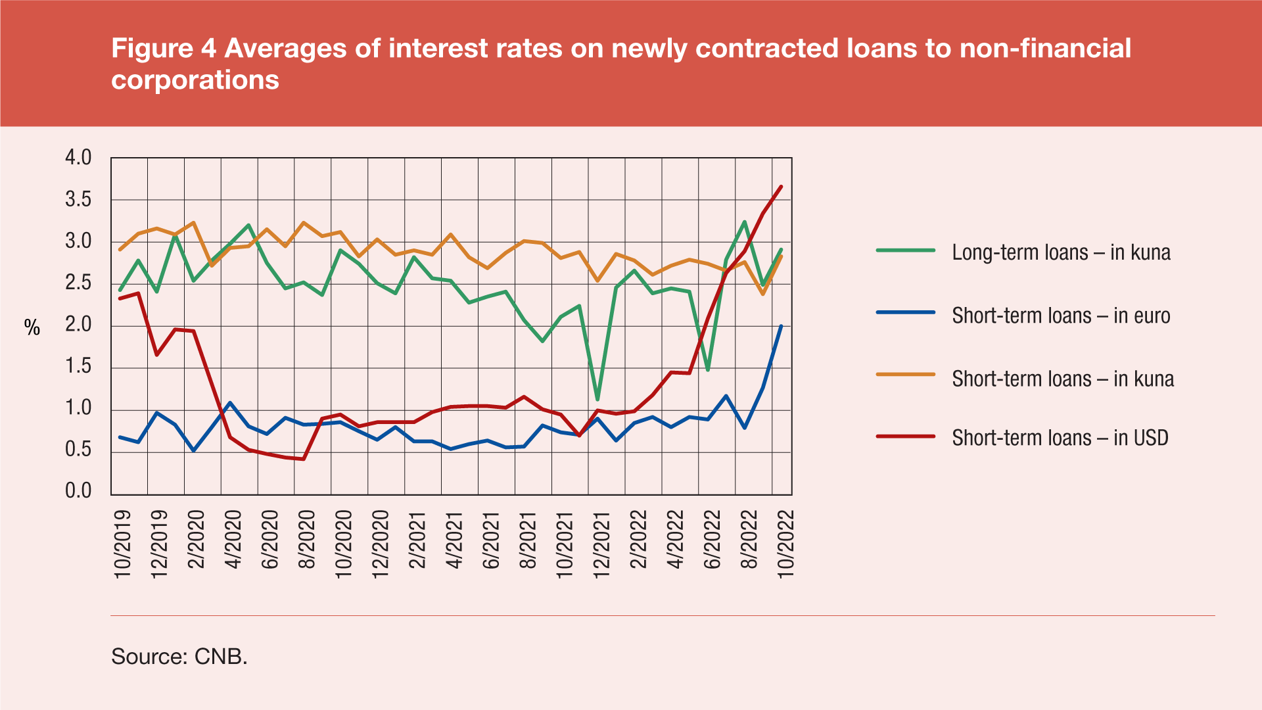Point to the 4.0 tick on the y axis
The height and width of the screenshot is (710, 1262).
pos(78,158)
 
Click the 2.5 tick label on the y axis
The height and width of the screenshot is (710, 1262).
pos(78,283)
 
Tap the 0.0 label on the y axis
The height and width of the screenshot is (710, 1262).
pos(78,491)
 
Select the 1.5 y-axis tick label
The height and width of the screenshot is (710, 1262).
pos(78,367)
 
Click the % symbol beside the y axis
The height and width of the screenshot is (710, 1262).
pos(32,327)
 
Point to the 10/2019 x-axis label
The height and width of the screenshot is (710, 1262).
pos(123,544)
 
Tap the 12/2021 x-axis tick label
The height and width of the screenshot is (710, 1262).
pos(601,544)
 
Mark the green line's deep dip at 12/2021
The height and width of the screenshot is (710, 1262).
pos(597,399)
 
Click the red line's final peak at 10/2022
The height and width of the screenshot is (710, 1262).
pos(781,187)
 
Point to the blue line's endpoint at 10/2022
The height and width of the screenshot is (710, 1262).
pos(781,326)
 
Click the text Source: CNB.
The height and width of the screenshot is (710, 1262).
pos(179,656)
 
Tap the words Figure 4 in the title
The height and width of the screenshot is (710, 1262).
pos(164,49)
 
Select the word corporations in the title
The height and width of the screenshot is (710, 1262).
pos(195,80)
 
